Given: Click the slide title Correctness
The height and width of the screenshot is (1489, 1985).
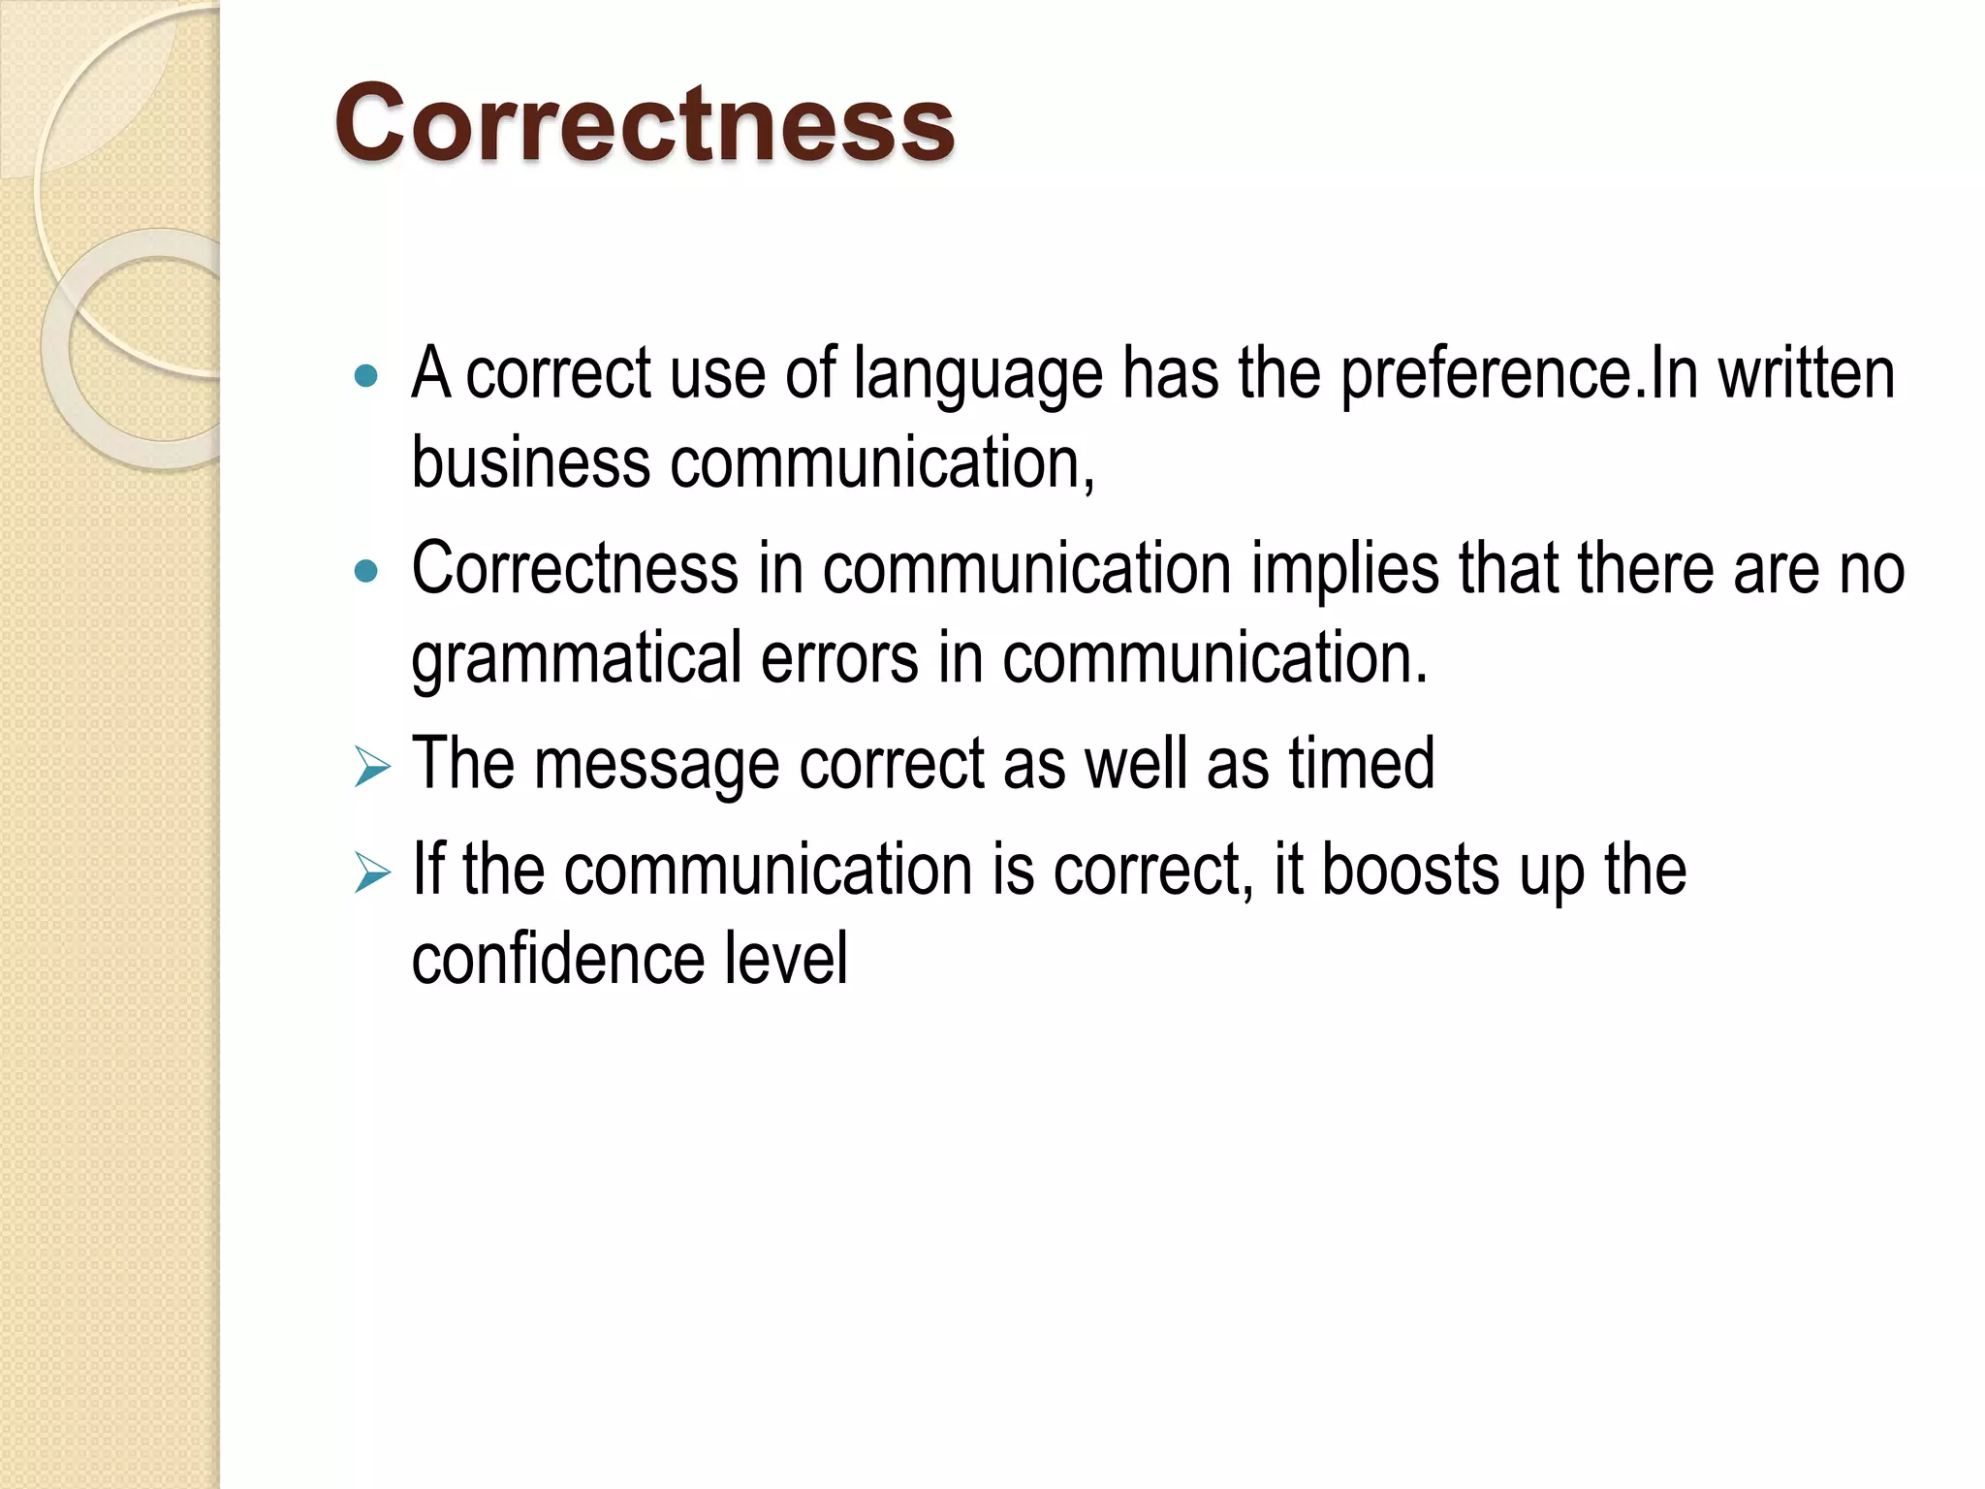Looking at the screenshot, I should point(645,124).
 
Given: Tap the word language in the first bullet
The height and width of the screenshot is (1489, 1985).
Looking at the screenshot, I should point(978,375).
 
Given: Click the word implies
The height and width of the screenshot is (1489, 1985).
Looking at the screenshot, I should point(1344,570).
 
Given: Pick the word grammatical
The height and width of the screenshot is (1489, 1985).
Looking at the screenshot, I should point(577,659).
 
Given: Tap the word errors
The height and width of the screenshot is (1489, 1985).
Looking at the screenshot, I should point(839,659).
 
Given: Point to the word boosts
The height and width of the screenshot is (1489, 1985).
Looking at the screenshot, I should point(1410,870).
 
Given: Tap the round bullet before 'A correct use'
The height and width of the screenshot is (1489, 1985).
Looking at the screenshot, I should point(365,376).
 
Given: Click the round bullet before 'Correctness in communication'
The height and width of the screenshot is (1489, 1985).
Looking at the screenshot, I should point(365,571).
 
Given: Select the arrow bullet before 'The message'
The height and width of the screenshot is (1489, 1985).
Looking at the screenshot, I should point(371,767).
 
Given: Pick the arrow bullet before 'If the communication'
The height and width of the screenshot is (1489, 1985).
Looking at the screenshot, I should point(371,871).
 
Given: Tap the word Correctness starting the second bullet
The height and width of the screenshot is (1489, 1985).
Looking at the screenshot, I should point(575,569).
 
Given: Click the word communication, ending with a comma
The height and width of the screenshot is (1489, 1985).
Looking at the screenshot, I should point(882,463).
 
